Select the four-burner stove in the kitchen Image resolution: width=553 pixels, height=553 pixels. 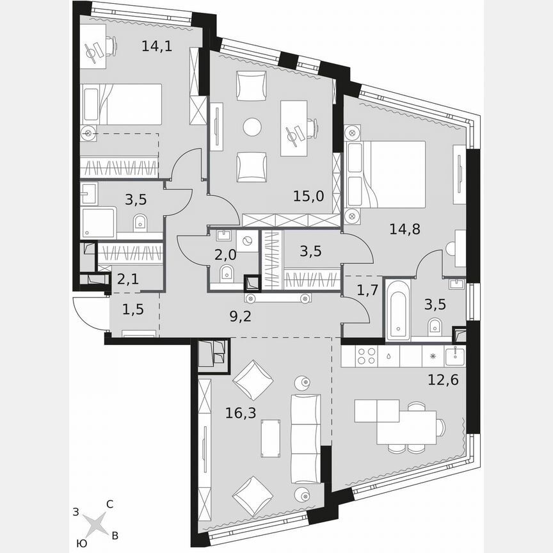click(367, 355)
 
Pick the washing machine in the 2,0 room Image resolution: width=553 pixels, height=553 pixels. click(245, 241)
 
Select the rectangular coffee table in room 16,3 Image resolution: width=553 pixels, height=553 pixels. click(271, 438)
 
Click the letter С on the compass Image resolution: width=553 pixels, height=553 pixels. click(110, 504)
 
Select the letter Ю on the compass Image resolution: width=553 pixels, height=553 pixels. click(81, 543)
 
